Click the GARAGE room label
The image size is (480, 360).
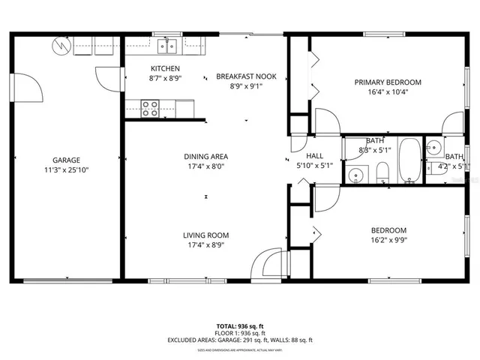[x=66, y=160]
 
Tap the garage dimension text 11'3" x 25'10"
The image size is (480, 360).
[x=66, y=169]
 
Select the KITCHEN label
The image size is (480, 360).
[x=164, y=68]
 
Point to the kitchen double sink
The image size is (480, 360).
[x=167, y=46]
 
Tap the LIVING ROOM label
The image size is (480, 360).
[x=205, y=235]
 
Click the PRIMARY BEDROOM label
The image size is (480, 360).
[x=388, y=82]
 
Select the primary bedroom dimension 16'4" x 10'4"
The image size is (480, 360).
[x=388, y=92]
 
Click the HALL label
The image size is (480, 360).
[x=314, y=156]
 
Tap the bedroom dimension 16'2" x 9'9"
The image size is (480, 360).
[x=388, y=240]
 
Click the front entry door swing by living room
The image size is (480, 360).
[x=267, y=264]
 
